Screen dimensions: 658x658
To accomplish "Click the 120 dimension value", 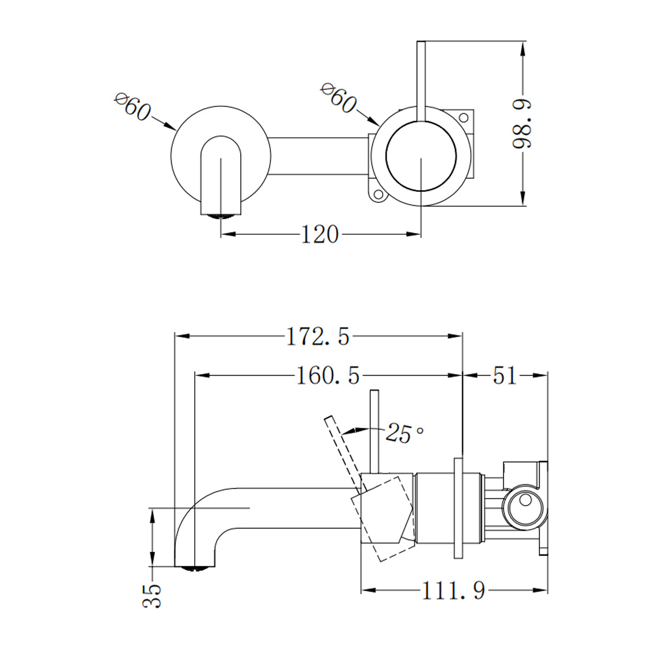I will point(320,235).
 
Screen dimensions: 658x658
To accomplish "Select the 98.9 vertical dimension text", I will point(523,124).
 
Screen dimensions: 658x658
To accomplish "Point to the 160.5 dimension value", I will point(328,376).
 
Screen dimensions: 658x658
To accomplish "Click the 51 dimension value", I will point(504,376).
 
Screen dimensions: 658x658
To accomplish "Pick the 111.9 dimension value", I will point(453,591).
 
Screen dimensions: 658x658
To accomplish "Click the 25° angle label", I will point(405,433).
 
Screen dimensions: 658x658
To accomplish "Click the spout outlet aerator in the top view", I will point(221,215).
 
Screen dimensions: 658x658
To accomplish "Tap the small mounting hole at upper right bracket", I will point(463,117).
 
